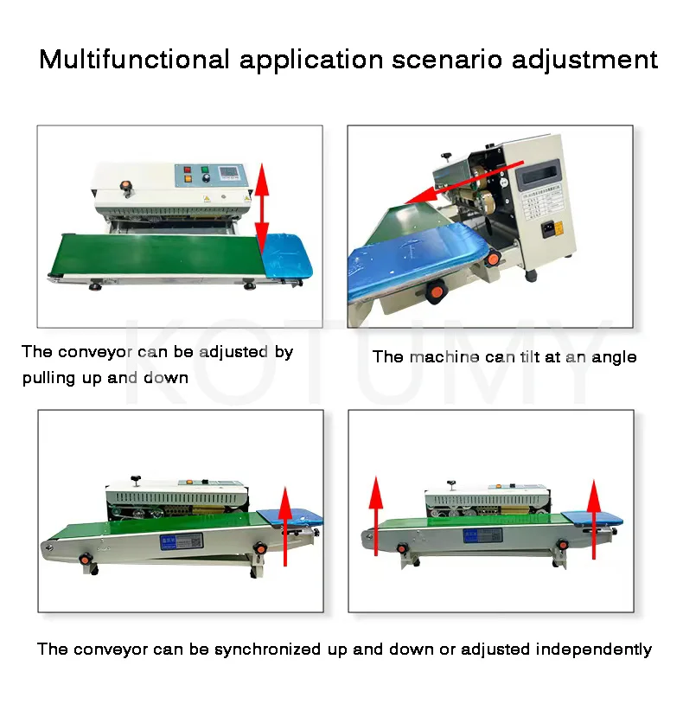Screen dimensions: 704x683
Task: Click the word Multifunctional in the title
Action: [133, 60]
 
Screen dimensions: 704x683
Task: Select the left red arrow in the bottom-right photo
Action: [376, 514]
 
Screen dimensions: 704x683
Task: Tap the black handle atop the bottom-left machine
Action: [135, 477]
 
